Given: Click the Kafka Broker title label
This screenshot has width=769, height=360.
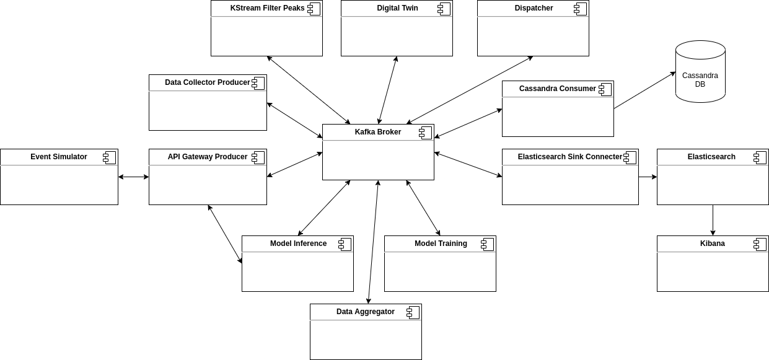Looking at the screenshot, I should click(x=377, y=132).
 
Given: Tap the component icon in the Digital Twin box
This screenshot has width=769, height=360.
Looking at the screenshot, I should click(x=444, y=9).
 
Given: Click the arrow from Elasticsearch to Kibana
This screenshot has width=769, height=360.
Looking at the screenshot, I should click(x=713, y=220).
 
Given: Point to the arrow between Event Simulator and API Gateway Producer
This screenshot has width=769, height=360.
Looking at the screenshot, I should click(x=133, y=177).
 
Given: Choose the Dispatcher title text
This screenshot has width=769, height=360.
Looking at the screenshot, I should click(x=534, y=8).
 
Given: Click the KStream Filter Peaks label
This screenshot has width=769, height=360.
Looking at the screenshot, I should click(x=267, y=8).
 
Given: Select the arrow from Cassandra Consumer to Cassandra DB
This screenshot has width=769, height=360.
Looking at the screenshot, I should click(x=644, y=90).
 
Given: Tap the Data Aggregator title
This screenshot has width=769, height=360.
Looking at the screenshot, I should click(x=365, y=312).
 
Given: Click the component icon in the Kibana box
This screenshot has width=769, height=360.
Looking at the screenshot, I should click(x=760, y=244).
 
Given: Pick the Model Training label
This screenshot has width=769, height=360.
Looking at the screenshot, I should click(x=441, y=244).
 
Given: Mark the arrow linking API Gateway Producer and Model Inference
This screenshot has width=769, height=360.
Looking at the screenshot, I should click(x=225, y=234).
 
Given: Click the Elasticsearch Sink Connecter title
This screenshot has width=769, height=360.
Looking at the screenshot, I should click(x=569, y=157).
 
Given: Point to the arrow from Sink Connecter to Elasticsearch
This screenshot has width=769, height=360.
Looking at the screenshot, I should click(x=648, y=177).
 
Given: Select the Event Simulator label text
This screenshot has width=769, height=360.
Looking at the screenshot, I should click(x=59, y=157).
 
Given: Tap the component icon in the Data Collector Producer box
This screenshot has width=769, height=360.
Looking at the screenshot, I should click(x=258, y=83).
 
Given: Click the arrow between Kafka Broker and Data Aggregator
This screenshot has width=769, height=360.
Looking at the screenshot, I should click(x=374, y=242).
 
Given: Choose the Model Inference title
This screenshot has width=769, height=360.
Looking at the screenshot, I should click(x=298, y=244).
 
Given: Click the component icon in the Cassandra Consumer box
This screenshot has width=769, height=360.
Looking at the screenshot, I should click(x=605, y=89).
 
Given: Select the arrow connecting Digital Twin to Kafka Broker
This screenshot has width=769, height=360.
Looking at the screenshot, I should click(x=387, y=90).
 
